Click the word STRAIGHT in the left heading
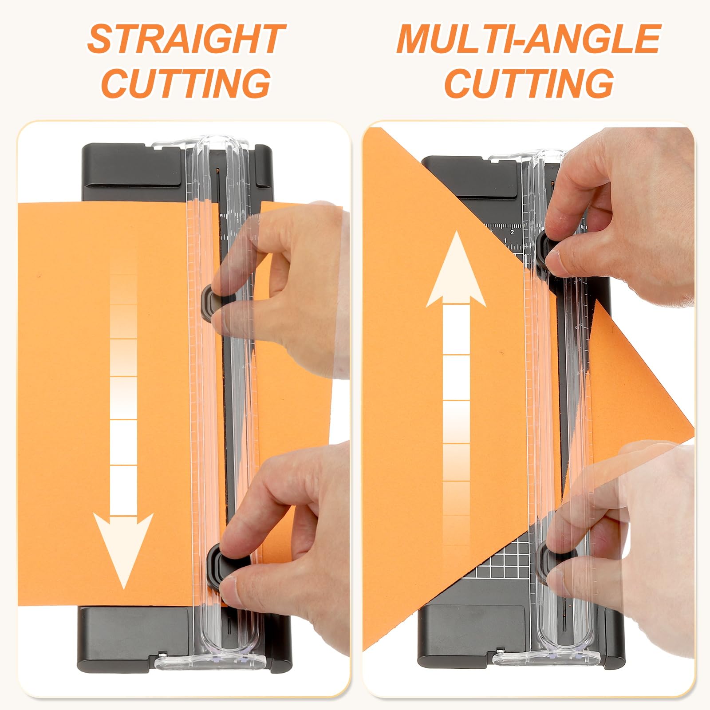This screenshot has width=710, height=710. point(186,39)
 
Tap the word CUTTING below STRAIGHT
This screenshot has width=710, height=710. point(186,83)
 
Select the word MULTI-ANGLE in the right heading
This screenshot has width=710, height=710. point(529,39)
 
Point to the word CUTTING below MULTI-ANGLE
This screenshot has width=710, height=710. point(529,83)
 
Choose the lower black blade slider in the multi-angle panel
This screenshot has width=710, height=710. point(547,561)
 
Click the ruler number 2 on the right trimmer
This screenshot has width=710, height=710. point(512,232)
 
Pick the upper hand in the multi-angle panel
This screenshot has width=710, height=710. point(621,213)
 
